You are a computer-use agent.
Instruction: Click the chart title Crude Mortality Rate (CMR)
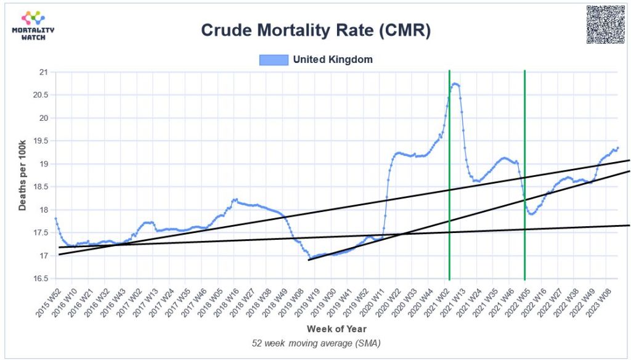316,30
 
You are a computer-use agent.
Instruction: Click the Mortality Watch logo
33,25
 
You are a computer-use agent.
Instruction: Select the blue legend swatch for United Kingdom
274,60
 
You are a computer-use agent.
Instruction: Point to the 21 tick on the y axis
43,72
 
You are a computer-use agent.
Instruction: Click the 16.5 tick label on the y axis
40,279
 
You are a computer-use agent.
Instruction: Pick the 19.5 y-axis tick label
40,141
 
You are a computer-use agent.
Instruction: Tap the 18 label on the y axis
43,210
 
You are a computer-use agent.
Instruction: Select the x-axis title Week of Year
336,329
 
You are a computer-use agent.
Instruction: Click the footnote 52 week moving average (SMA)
316,343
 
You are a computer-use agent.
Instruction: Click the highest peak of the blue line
455,83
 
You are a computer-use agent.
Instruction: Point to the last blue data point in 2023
617,148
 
